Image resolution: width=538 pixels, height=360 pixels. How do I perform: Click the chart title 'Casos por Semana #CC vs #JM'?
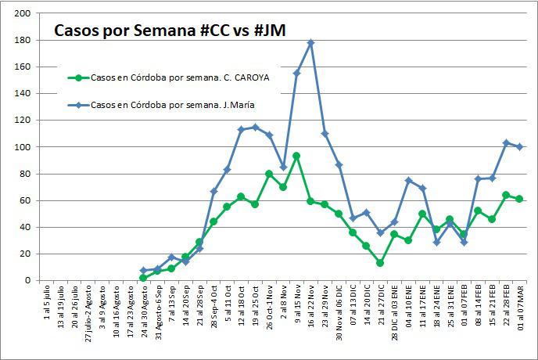[169, 31]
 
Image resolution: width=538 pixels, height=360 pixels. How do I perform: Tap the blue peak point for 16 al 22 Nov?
[311, 42]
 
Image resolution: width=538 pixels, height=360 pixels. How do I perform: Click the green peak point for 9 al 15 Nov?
[297, 156]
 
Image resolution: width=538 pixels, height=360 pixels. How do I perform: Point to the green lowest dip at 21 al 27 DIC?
[381, 263]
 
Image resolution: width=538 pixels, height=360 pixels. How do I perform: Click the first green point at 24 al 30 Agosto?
[143, 278]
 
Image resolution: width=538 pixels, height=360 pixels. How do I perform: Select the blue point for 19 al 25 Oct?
[255, 127]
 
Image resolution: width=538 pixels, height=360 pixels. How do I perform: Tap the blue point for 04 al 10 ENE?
[409, 180]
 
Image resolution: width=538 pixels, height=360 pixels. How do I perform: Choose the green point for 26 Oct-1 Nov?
[269, 174]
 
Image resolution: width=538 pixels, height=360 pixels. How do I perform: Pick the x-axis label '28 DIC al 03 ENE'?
[395, 317]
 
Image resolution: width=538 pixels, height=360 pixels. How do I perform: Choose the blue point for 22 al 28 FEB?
[506, 142]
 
